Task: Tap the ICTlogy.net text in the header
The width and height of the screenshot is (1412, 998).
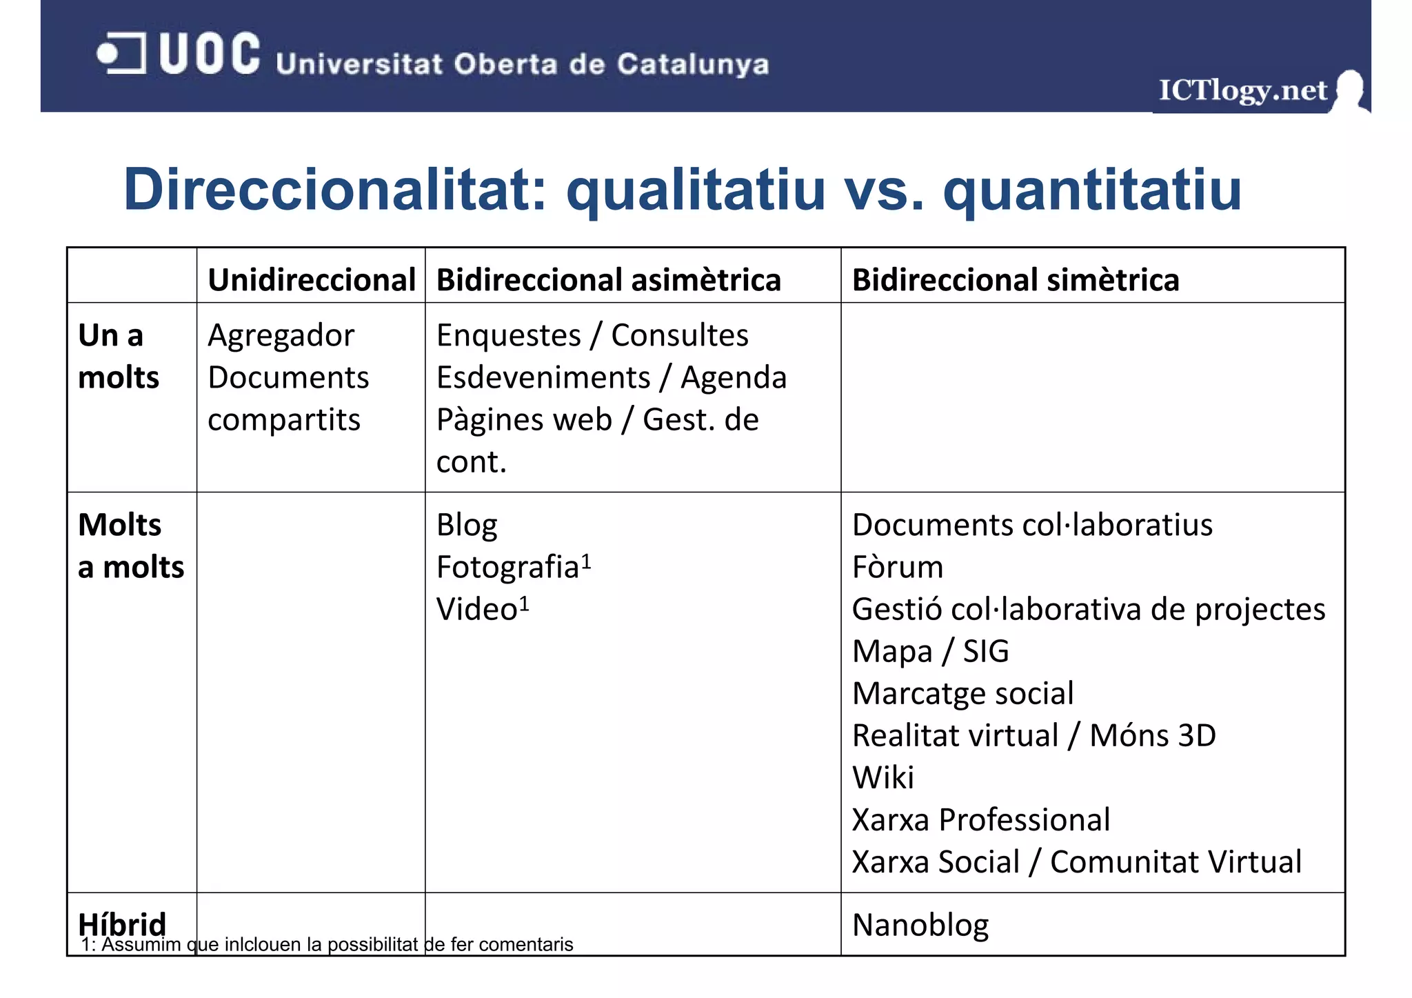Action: tap(1242, 90)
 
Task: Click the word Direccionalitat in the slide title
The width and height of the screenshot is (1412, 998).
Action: tap(335, 190)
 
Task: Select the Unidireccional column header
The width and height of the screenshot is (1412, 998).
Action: tap(312, 280)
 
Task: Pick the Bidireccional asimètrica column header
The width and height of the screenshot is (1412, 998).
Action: tap(608, 280)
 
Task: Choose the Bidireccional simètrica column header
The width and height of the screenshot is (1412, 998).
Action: tap(1015, 280)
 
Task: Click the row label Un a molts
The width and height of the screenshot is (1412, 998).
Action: tap(118, 357)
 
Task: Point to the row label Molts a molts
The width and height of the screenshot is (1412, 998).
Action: tap(130, 546)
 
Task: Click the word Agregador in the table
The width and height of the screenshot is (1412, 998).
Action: tap(281, 336)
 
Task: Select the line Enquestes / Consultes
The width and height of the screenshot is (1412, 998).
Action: tap(592, 336)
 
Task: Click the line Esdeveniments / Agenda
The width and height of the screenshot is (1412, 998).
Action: tap(611, 378)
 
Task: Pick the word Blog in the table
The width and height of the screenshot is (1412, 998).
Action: tap(467, 526)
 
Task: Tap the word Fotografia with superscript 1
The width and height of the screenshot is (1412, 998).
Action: tap(513, 567)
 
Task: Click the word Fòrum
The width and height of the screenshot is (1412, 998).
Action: tap(897, 568)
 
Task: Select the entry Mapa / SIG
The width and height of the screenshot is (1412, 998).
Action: tap(930, 652)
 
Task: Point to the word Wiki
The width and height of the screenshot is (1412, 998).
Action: tap(882, 778)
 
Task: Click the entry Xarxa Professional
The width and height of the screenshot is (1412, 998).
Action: tap(980, 820)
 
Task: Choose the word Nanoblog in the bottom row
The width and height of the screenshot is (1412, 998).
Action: tap(920, 926)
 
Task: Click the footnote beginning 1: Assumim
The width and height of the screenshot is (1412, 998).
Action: tap(327, 945)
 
